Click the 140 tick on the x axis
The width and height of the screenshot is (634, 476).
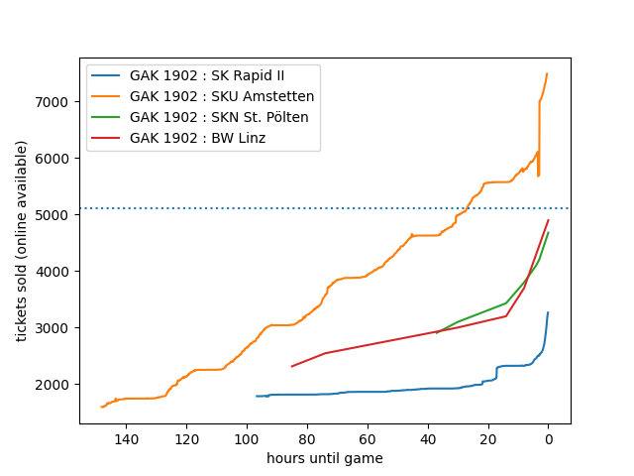(126, 438)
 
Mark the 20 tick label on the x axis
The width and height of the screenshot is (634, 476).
(487, 438)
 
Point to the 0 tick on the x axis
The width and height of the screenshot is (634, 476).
(548, 438)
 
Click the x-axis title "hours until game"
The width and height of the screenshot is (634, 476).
(325, 458)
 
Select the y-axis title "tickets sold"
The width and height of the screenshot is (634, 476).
(22, 241)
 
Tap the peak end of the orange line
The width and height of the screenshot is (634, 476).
(547, 73)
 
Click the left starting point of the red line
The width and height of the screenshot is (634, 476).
(291, 366)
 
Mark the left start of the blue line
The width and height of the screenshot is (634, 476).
(257, 396)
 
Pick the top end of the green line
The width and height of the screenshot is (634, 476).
(548, 233)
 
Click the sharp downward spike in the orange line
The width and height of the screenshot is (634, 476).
(538, 176)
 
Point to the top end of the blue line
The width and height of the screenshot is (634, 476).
(548, 312)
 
